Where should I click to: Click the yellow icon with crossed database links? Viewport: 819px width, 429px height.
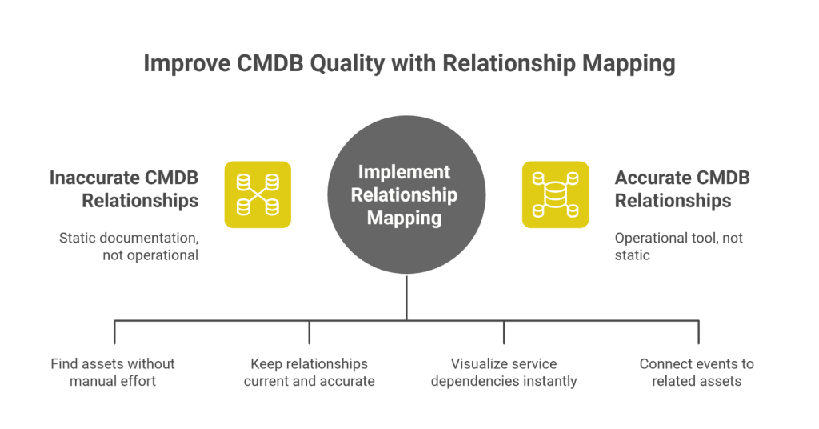258,194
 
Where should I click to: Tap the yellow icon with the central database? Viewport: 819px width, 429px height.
555,194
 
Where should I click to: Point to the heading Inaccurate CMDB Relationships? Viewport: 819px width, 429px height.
124,189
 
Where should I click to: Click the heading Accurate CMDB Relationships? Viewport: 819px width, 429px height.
681,189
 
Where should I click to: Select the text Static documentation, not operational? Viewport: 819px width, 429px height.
129,247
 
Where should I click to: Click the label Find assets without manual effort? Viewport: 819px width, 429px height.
113,372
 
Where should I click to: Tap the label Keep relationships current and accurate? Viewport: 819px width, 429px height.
309,372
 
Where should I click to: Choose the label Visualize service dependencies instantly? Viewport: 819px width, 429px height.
504,372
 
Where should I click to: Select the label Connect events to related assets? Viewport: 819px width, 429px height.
697,372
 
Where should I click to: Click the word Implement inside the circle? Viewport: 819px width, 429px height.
404,173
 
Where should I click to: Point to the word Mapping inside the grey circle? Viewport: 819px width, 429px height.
404,218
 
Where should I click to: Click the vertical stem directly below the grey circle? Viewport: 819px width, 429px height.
406,298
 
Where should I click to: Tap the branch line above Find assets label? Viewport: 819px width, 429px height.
114,332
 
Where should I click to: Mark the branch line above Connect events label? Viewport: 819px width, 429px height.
699,332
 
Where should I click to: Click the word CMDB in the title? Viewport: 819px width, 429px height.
269,64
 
